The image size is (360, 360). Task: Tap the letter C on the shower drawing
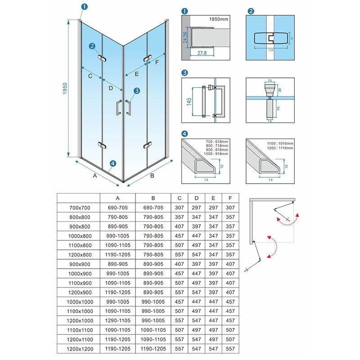click(x=90, y=76)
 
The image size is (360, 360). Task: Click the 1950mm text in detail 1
click(x=218, y=20)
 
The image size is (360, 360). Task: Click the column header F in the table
click(x=230, y=198)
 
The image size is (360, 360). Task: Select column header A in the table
click(x=117, y=198)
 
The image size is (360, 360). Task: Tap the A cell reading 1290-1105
click(x=117, y=321)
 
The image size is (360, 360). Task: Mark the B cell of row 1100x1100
click(x=153, y=330)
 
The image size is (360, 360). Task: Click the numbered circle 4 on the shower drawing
click(x=112, y=163)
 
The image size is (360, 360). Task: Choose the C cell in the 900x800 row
click(x=180, y=226)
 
